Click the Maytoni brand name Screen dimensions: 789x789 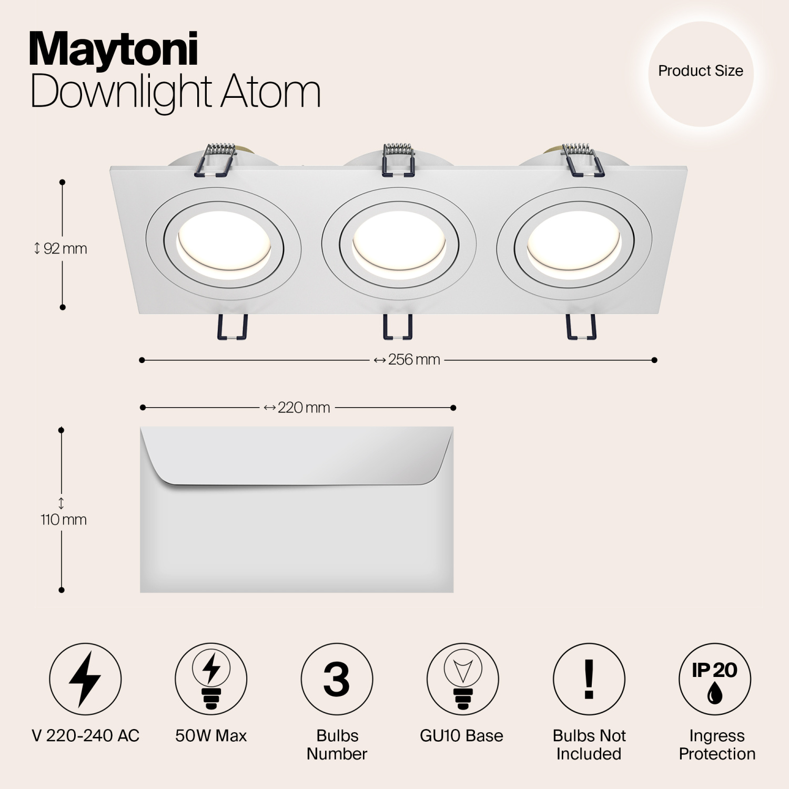tap(114, 49)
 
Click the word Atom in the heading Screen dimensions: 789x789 tap(270, 92)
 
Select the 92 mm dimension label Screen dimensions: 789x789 tap(61, 248)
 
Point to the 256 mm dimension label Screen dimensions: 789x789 tap(408, 360)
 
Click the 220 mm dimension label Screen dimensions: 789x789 tap(298, 408)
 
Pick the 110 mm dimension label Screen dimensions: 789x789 tap(63, 520)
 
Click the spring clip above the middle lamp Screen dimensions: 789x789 tap(398, 158)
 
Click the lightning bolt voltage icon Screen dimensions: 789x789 tap(85, 679)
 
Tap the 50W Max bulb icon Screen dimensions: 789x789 tap(211, 679)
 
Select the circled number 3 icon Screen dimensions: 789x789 tap(337, 679)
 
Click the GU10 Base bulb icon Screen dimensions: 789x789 tap(462, 679)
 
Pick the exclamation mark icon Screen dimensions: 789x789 tap(589, 679)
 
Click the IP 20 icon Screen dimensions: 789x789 tap(715, 679)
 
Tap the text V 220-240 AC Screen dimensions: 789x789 tap(86, 735)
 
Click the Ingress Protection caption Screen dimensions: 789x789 tap(717, 745)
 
